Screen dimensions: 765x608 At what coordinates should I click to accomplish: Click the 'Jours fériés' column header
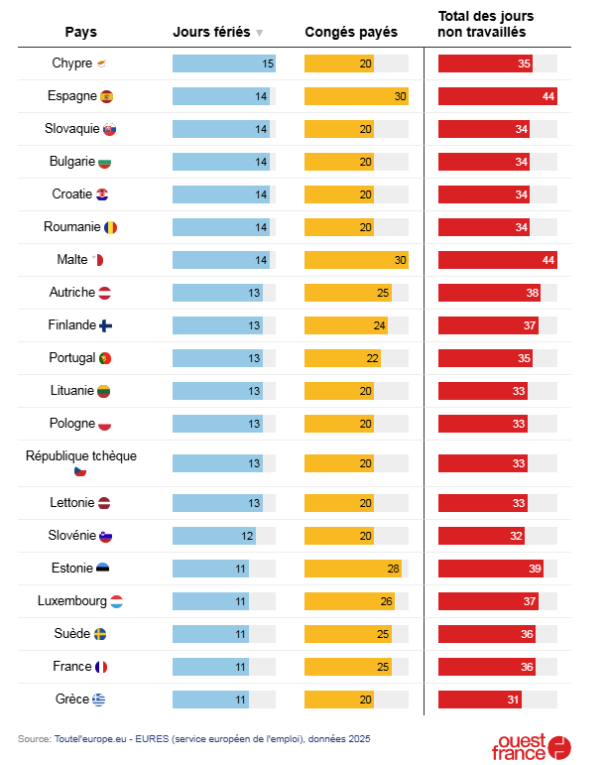pyautogui.click(x=210, y=32)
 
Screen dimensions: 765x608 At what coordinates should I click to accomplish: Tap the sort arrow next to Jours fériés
pyautogui.click(x=259, y=33)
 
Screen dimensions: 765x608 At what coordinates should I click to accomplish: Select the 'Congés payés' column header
pyautogui.click(x=351, y=32)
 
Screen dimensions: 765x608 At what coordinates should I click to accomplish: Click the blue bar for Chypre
pyautogui.click(x=223, y=64)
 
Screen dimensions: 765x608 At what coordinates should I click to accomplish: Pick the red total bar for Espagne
pyautogui.click(x=497, y=96)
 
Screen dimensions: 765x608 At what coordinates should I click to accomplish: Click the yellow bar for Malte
pyautogui.click(x=356, y=260)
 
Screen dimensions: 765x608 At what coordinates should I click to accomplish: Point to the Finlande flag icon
pyautogui.click(x=106, y=325)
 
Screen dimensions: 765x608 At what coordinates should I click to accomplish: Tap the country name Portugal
pyautogui.click(x=71, y=357)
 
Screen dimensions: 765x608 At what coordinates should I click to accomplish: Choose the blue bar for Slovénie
pyautogui.click(x=214, y=536)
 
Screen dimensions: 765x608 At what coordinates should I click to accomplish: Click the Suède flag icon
pyautogui.click(x=100, y=634)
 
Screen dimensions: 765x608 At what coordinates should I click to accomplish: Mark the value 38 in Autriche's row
pyautogui.click(x=533, y=293)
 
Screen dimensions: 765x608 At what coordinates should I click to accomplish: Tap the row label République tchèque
pyautogui.click(x=80, y=456)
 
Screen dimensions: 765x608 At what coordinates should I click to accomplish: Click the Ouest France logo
pyautogui.click(x=532, y=747)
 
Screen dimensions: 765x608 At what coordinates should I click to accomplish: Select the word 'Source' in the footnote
pyautogui.click(x=34, y=738)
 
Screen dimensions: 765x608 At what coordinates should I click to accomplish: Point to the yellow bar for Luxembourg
pyautogui.click(x=349, y=601)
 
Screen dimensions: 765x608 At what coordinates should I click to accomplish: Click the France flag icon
pyautogui.click(x=101, y=667)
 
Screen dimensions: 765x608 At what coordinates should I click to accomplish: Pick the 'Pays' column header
pyautogui.click(x=80, y=32)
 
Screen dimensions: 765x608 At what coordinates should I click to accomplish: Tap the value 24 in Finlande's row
pyautogui.click(x=380, y=325)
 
